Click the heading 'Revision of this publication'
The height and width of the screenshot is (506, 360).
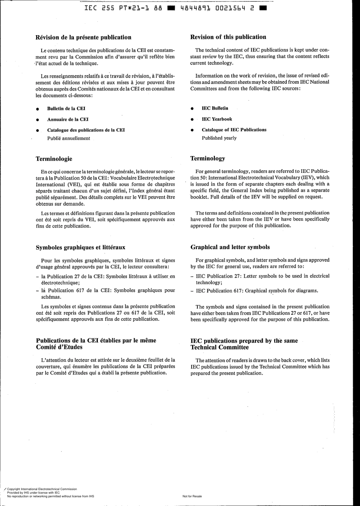pos(228,37)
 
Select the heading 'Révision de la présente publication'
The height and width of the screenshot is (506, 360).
pos(83,37)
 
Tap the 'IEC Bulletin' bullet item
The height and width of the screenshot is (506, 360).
pos(215,108)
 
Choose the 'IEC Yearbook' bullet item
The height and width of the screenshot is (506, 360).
pos(217,119)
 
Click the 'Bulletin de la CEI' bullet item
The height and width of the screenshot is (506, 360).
pos(66,109)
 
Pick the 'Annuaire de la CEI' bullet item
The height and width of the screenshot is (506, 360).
pos(68,119)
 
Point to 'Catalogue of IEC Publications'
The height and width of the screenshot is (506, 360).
pos(234,130)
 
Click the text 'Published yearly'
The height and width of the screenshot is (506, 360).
pos(219,138)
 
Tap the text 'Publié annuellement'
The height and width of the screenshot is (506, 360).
pos(69,139)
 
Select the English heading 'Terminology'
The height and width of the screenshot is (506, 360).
pos(207,158)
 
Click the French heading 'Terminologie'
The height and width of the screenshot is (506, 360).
pos(54,159)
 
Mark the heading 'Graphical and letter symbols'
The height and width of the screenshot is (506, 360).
pos(230,247)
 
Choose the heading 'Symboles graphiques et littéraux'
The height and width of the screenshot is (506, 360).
pos(80,248)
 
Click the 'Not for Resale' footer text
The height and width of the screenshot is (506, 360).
pos(192,496)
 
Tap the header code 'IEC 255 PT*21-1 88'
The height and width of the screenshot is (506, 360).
pos(124,8)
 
